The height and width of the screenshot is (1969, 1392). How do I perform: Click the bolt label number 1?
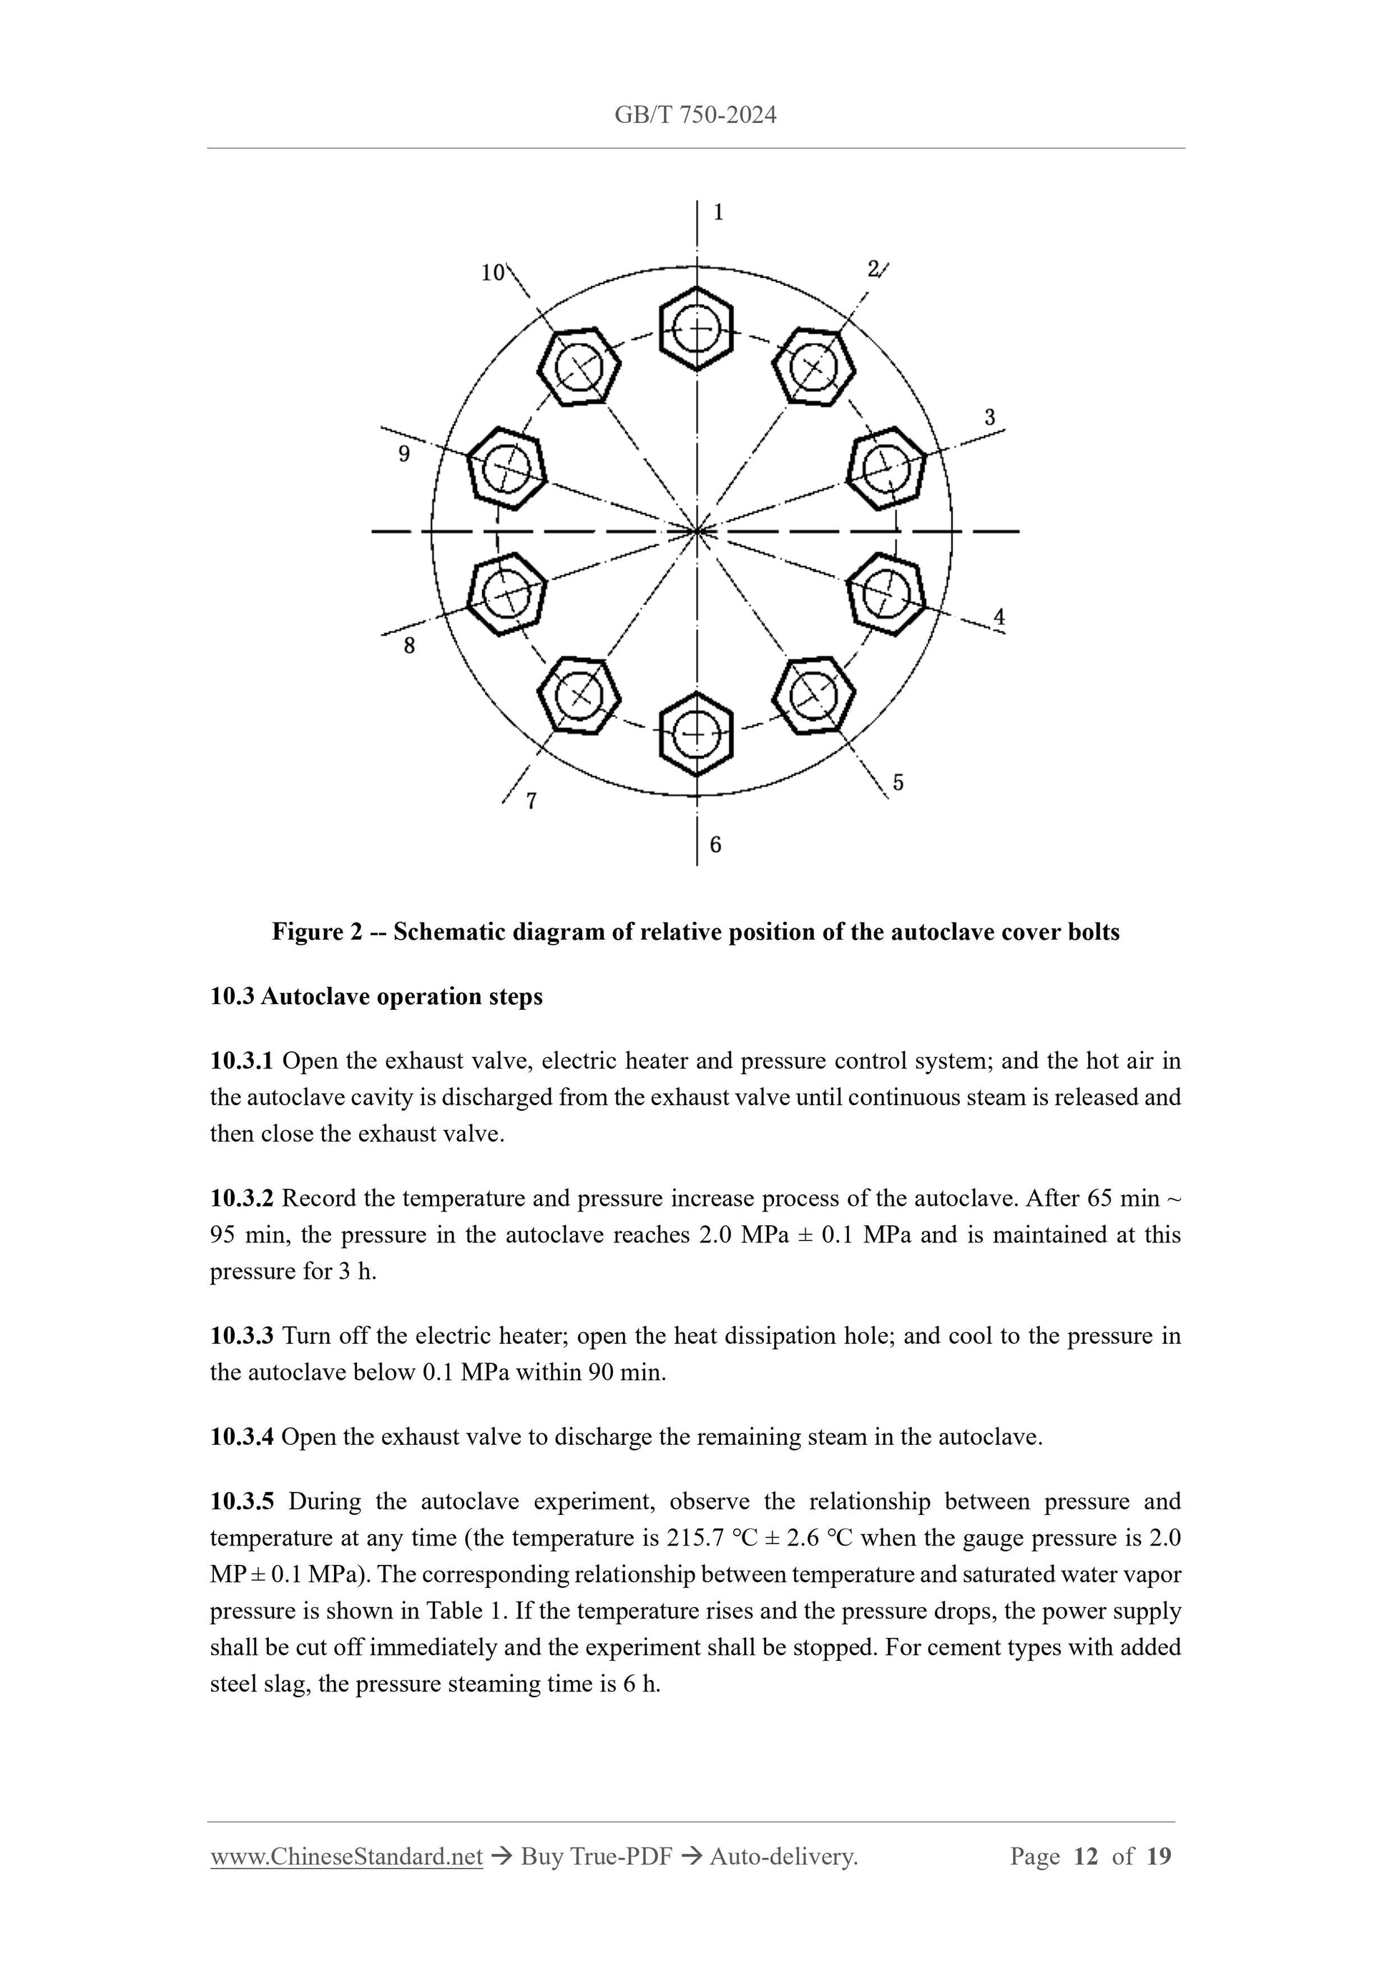pyautogui.click(x=718, y=212)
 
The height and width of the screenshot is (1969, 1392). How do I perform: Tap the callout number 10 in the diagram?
pyautogui.click(x=492, y=272)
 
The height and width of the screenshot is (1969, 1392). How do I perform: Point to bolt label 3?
pyautogui.click(x=990, y=418)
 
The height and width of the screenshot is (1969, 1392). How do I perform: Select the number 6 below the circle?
pyautogui.click(x=715, y=845)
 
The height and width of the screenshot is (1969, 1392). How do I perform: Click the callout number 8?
pyautogui.click(x=409, y=646)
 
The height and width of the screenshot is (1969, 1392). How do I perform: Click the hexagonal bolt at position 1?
pyautogui.click(x=697, y=328)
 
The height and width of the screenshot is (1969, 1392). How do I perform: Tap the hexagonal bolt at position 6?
pyautogui.click(x=697, y=734)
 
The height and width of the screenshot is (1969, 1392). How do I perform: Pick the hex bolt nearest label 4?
pyautogui.click(x=886, y=594)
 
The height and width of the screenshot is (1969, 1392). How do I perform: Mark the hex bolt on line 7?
pyautogui.click(x=579, y=694)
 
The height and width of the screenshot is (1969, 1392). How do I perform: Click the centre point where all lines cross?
pyautogui.click(x=698, y=531)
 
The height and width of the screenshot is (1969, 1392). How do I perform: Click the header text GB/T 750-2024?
pyautogui.click(x=695, y=115)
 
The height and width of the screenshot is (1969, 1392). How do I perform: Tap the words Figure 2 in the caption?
pyautogui.click(x=316, y=931)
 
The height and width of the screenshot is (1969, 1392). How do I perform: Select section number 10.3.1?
pyautogui.click(x=241, y=1061)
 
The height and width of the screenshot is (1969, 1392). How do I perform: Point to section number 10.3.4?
pyautogui.click(x=241, y=1436)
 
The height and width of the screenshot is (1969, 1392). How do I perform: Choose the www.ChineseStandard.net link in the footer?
pyautogui.click(x=346, y=1856)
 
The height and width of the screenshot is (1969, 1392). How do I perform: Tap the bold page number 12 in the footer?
pyautogui.click(x=1085, y=1856)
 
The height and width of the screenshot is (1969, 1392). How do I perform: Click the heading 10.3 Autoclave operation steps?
pyautogui.click(x=376, y=996)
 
